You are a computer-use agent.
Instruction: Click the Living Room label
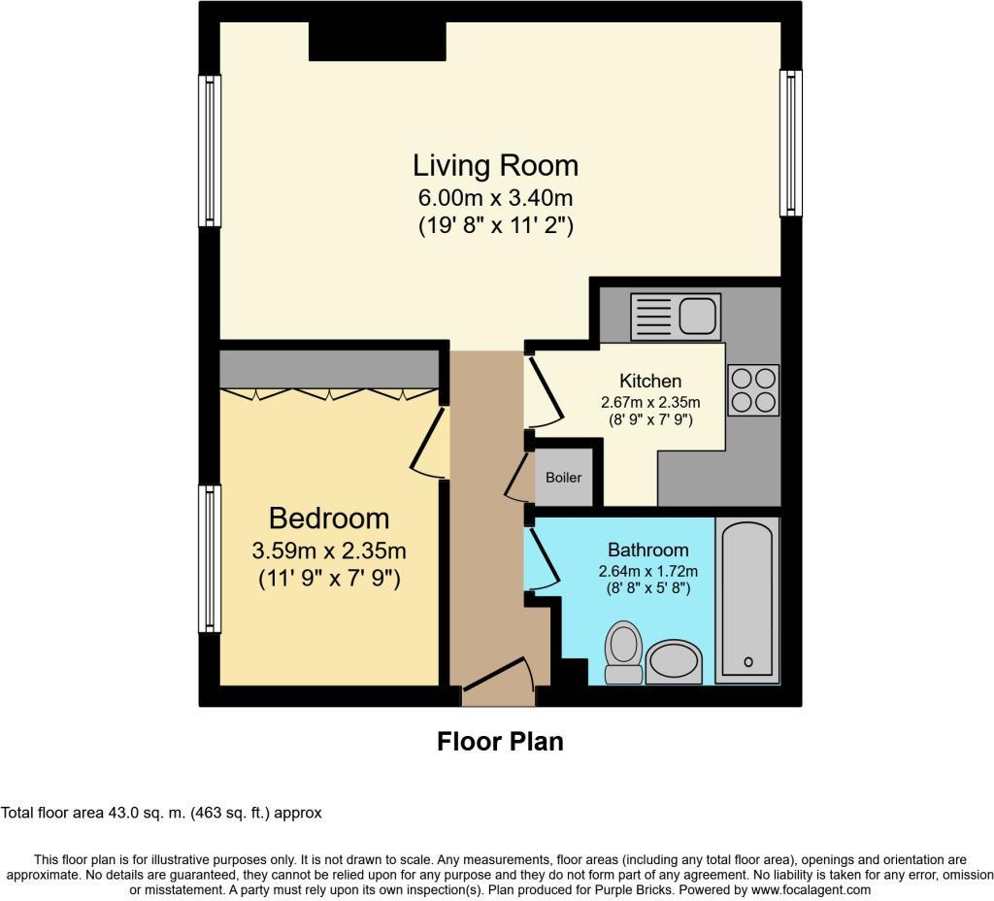point(495,165)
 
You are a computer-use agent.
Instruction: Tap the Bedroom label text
point(329,517)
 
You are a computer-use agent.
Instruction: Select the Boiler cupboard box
point(564,477)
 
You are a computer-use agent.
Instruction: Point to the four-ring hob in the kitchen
point(753,390)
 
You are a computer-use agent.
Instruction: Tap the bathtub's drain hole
point(748,662)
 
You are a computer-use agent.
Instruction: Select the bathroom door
point(542,559)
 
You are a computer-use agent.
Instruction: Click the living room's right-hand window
point(791,143)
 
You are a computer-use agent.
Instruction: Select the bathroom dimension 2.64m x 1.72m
point(648,571)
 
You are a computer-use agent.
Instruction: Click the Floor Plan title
point(500,742)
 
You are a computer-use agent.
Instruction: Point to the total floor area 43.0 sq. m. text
point(161,814)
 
